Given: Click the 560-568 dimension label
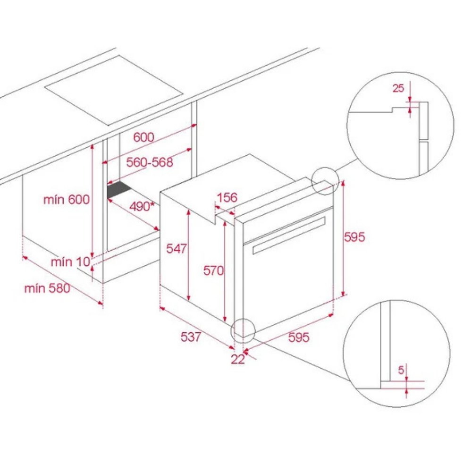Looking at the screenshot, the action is point(150,162).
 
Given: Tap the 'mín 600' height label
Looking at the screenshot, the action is point(67,199).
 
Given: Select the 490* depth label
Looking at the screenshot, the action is point(142,207).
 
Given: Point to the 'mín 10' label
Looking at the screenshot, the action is point(70,261).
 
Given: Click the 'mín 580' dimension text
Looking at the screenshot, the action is point(47,288).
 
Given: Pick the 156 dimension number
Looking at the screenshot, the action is point(227,197).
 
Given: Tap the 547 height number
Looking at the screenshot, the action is point(177,248).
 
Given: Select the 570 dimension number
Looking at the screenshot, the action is point(213,270).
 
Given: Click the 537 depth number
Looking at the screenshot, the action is point(191,337).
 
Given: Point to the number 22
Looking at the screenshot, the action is point(238,359).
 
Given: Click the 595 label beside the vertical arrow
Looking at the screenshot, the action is point(354,237).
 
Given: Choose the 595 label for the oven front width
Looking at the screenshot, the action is point(299,337).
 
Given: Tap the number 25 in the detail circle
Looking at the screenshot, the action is point(398,88).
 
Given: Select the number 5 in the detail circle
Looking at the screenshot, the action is point(401,370).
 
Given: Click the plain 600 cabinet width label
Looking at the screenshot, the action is point(143,137).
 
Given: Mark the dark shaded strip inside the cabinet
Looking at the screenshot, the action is point(119,189).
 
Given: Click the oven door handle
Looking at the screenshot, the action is point(289,235).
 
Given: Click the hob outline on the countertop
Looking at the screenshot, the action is point(114,91).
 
